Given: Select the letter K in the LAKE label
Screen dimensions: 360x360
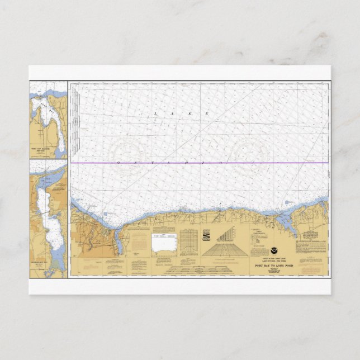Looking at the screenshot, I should pos(193,113).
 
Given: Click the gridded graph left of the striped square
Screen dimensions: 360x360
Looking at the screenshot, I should pos(188,240).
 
